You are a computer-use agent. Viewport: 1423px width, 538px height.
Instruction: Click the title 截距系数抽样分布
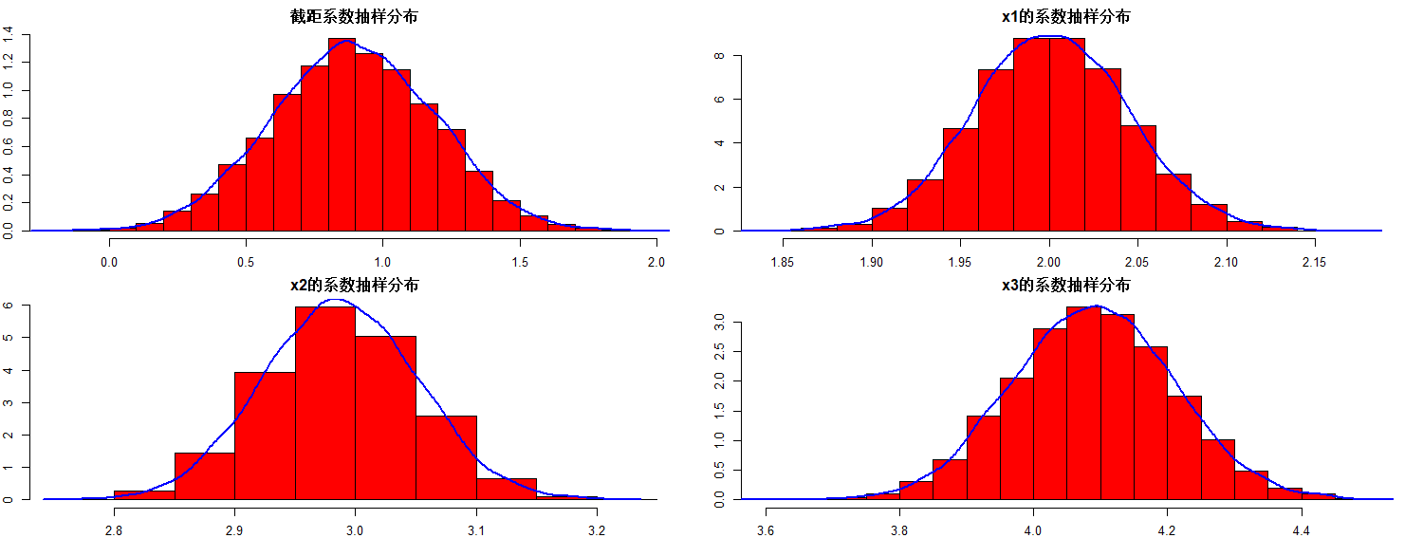[354, 17]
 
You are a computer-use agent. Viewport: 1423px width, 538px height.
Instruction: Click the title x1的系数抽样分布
[1065, 17]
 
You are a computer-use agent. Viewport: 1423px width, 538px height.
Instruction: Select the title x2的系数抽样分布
[354, 286]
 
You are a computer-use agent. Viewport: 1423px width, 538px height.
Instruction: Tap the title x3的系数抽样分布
[1065, 286]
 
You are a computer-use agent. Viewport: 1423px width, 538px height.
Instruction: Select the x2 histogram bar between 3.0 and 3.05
[385, 417]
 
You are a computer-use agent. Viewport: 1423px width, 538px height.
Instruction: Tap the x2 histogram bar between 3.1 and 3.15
[506, 489]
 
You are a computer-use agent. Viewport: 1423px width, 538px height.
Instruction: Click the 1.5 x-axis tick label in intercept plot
[519, 261]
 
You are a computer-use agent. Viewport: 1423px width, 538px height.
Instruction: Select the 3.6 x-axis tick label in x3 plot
[766, 529]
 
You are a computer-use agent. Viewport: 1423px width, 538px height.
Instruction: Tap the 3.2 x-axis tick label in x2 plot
[596, 529]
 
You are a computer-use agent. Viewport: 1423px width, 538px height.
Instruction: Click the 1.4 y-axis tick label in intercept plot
[9, 35]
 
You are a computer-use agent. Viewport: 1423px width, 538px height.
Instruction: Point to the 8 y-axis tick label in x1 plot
[720, 56]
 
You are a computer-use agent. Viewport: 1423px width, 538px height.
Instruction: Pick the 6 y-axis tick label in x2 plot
[9, 306]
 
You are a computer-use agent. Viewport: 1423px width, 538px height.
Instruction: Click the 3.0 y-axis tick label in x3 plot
[720, 323]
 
